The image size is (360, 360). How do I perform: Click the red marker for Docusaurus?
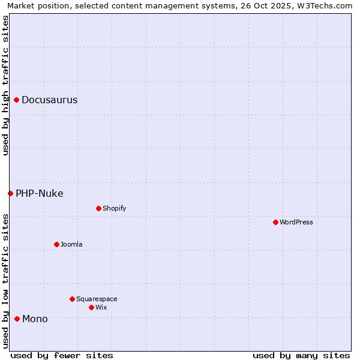point(17,100)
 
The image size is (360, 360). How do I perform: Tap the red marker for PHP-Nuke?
point(10,193)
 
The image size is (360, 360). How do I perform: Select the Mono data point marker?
point(17,319)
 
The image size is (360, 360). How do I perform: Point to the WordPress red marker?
point(275,222)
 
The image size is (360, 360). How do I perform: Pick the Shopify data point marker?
point(98,208)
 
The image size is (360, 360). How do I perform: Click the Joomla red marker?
point(56,244)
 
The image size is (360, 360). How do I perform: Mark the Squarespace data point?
point(72,299)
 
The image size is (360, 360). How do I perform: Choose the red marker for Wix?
point(91,307)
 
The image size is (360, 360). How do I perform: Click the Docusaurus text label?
point(49,100)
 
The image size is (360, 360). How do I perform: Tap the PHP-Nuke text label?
point(39,193)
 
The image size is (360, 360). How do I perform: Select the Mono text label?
point(35,319)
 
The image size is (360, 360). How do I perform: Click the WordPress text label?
point(296,223)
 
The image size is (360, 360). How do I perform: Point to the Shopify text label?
point(114,209)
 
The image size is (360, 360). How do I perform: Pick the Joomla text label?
point(71,245)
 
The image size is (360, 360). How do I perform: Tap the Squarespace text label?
point(97,299)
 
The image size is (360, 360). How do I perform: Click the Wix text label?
point(101,308)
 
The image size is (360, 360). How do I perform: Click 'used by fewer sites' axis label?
point(62,356)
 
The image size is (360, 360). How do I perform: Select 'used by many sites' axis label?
point(301,356)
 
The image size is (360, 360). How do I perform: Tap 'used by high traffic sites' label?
point(6,85)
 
